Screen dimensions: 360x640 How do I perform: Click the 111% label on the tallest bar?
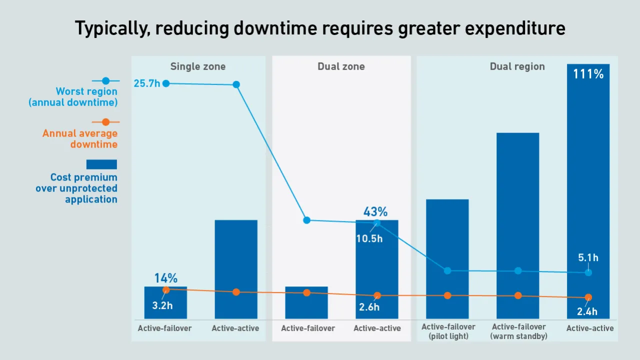pyautogui.click(x=588, y=74)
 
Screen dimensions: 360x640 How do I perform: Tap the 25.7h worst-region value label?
pyautogui.click(x=146, y=83)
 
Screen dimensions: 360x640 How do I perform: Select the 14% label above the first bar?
pyautogui.click(x=165, y=278)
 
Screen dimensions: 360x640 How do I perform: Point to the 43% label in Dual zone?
pyautogui.click(x=375, y=212)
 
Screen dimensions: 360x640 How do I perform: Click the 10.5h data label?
pyautogui.click(x=369, y=238)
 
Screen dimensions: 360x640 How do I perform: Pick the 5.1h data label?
pyautogui.click(x=588, y=258)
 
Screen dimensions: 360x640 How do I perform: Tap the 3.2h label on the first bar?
pyautogui.click(x=162, y=305)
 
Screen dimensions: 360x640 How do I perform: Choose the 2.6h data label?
pyautogui.click(x=369, y=307)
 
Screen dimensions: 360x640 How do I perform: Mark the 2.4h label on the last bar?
pyautogui.click(x=587, y=311)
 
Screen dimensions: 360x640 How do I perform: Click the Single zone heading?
pyautogui.click(x=198, y=66)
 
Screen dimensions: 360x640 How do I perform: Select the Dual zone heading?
pyautogui.click(x=341, y=66)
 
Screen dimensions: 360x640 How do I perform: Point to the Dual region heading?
pyautogui.click(x=517, y=66)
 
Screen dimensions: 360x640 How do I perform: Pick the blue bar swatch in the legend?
pyautogui.click(x=101, y=164)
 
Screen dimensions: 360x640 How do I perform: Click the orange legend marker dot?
pyautogui.click(x=105, y=122)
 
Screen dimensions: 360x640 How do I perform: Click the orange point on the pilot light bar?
pyautogui.click(x=447, y=295)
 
